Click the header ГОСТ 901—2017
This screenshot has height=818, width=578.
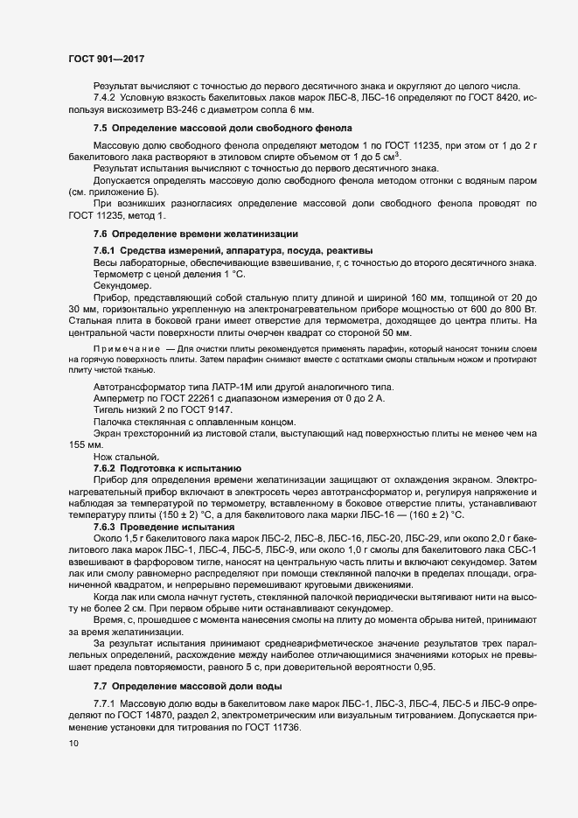[x=106, y=59]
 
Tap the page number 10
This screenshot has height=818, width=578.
[x=73, y=744]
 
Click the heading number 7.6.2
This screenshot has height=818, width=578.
[x=107, y=468]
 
